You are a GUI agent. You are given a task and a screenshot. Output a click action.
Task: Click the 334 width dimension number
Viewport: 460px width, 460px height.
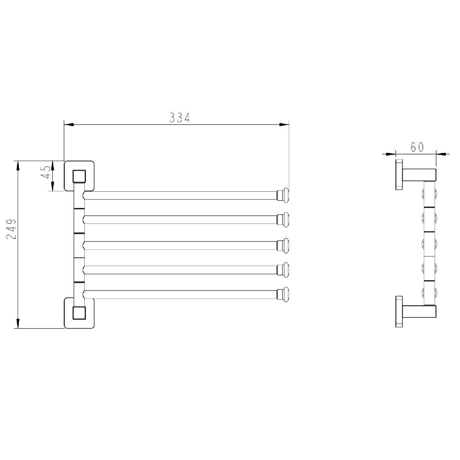tap(179, 117)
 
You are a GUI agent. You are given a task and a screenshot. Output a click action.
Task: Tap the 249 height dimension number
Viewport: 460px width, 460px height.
tap(11, 229)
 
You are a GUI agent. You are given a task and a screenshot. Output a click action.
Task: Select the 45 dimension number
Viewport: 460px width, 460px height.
tap(46, 172)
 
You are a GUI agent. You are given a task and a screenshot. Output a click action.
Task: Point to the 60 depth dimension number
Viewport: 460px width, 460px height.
tap(417, 147)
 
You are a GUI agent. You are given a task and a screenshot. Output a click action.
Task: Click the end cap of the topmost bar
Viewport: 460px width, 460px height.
tap(283, 195)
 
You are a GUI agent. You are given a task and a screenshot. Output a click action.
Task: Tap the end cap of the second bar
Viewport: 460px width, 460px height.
tap(283, 220)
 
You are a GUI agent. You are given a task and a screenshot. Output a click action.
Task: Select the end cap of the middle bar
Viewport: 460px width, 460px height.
tap(283, 245)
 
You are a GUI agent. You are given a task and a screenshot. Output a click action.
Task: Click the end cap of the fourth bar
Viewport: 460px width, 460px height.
tap(283, 270)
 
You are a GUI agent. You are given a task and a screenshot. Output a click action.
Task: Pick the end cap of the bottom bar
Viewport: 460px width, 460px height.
tap(283, 294)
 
